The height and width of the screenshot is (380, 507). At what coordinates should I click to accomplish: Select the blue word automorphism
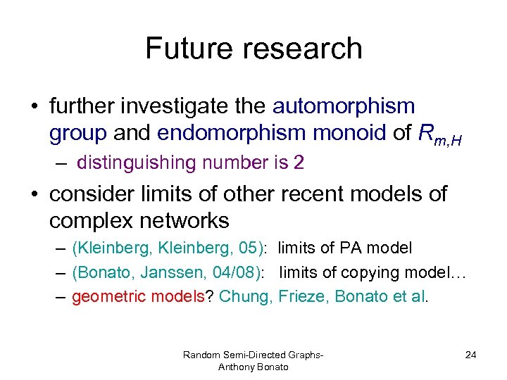(x=344, y=106)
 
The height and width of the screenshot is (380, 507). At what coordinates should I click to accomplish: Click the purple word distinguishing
(x=135, y=163)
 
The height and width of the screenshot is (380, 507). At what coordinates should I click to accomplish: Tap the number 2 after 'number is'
(x=299, y=163)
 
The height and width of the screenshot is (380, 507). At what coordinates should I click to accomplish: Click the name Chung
(x=244, y=296)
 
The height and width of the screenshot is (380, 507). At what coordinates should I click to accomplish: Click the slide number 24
(x=470, y=355)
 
